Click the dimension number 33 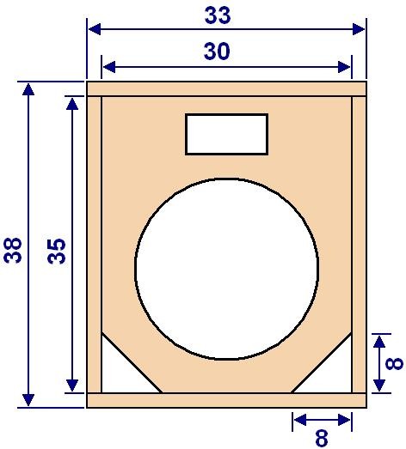tap(218, 15)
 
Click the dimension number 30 tap(217, 52)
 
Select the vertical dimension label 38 tap(13, 250)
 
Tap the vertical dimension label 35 tap(57, 251)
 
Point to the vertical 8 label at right tap(394, 363)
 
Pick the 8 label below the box tap(322, 438)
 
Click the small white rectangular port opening tap(227, 134)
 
